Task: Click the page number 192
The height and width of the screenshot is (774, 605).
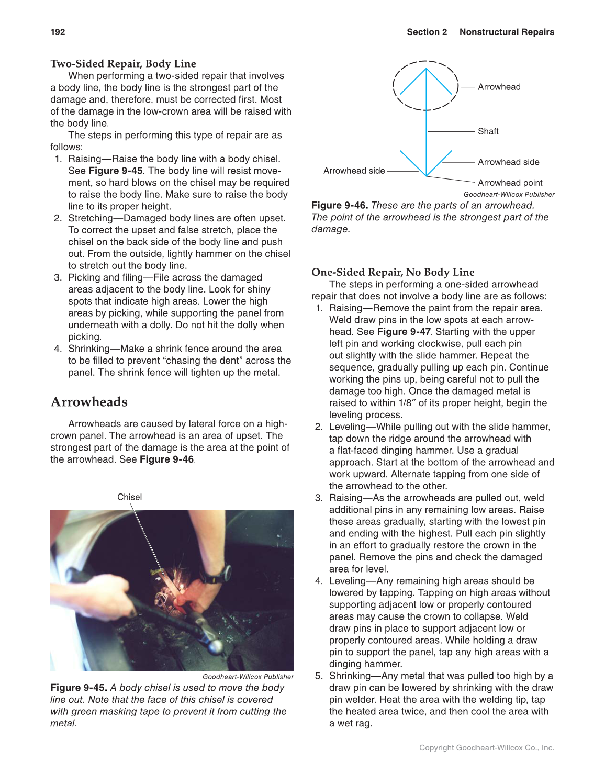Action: click(58, 32)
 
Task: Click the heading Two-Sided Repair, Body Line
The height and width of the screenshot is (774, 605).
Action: click(123, 64)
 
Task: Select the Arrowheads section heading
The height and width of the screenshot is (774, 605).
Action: click(89, 402)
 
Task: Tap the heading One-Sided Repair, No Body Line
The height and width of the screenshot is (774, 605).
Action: click(393, 272)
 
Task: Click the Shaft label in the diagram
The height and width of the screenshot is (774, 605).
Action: click(488, 131)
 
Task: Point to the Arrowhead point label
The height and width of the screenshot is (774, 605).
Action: click(510, 183)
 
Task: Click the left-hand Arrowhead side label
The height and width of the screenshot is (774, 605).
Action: click(354, 171)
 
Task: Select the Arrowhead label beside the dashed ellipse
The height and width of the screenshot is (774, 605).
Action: click(499, 87)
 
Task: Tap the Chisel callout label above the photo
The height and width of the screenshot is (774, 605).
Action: click(129, 497)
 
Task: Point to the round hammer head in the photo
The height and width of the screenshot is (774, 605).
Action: click(215, 647)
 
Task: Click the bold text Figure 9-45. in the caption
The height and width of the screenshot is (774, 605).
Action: click(79, 688)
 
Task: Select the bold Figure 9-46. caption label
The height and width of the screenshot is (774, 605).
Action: click(340, 205)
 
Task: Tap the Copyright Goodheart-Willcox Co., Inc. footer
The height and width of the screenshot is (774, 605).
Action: click(486, 748)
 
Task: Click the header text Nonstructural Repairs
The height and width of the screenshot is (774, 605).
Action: click(507, 32)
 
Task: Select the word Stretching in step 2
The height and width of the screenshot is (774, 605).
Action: click(91, 218)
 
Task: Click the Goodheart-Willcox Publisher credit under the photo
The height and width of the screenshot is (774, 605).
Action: click(248, 677)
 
